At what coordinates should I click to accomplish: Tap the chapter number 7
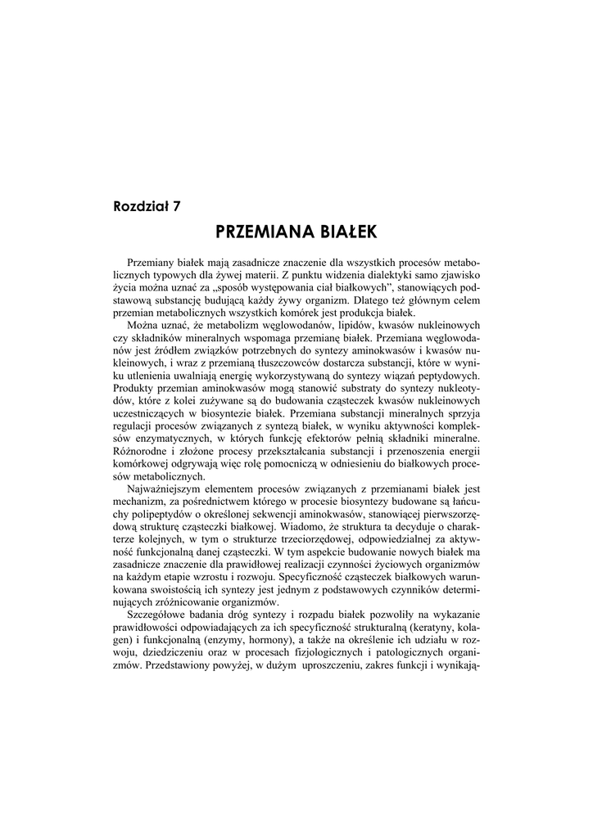pos(176,205)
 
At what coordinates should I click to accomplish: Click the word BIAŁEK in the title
pos(345,232)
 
